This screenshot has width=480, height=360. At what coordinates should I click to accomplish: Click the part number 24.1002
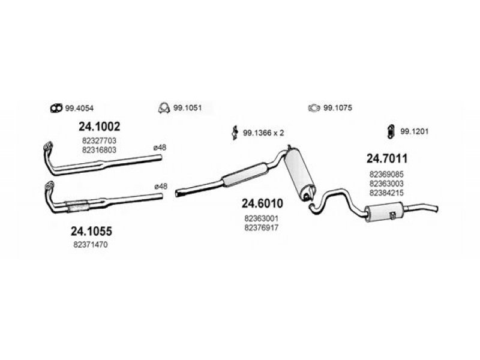(x=100, y=127)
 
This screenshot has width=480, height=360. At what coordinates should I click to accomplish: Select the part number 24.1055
(x=91, y=231)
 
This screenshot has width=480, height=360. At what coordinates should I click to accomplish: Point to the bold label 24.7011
(x=387, y=159)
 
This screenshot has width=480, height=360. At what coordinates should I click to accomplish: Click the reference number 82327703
(x=100, y=141)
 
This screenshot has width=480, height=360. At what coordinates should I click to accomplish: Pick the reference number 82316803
(x=100, y=150)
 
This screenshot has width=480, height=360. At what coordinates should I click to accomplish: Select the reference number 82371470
(x=91, y=245)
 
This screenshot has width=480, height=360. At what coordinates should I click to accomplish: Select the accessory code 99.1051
(x=187, y=108)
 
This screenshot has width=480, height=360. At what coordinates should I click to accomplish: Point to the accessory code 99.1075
(x=337, y=108)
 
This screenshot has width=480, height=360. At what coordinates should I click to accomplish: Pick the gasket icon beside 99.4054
(x=55, y=108)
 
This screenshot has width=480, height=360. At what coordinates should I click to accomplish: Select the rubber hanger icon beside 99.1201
(x=389, y=131)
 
